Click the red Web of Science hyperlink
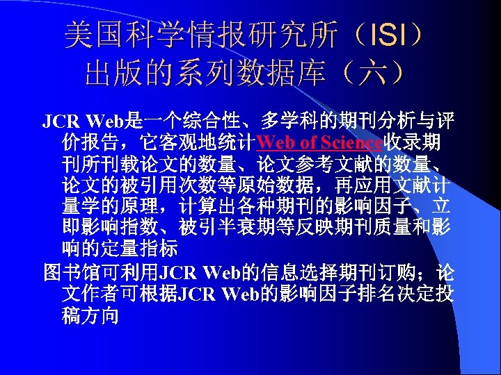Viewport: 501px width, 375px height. pos(319,143)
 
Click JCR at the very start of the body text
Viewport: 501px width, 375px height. pos(59,122)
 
